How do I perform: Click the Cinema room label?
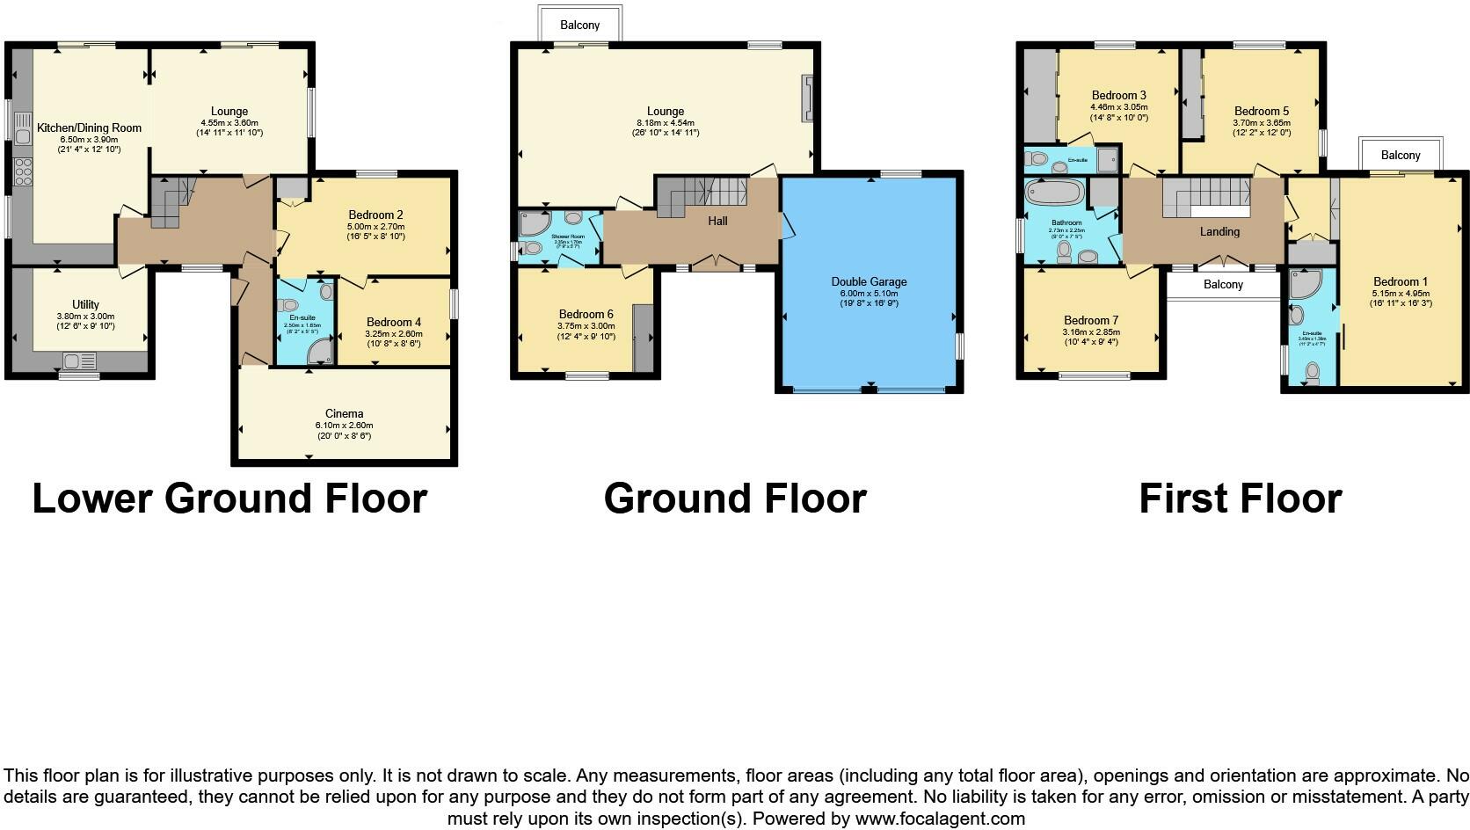344,413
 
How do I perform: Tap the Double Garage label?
869,281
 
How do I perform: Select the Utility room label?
85,304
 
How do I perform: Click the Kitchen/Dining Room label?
89,127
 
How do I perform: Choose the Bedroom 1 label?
1401,281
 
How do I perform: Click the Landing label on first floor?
1219,231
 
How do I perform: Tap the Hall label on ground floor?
717,221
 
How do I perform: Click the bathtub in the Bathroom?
1054,193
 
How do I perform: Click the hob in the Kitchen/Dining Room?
22,171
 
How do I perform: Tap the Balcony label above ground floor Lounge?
579,25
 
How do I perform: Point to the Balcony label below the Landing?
1223,284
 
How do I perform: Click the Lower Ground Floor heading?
229,499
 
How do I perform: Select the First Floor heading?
1240,499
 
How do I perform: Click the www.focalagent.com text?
940,819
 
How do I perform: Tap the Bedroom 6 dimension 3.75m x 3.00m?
586,325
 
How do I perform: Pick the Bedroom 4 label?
394,322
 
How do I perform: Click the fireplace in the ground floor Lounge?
806,98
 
